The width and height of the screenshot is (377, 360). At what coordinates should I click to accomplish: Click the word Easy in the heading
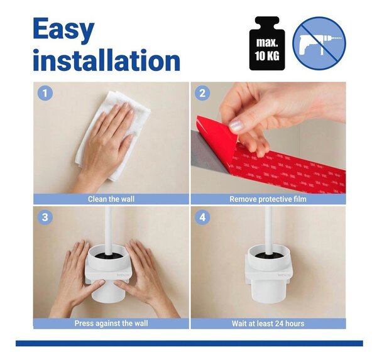63,30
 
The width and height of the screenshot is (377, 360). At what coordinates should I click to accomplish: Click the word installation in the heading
107,60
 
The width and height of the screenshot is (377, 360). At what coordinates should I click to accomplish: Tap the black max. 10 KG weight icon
267,43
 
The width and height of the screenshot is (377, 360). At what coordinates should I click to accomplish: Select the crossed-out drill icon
319,43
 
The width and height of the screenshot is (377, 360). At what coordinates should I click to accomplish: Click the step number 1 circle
45,93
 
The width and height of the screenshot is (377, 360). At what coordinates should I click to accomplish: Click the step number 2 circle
202,93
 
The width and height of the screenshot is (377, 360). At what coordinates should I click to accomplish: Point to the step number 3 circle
45,217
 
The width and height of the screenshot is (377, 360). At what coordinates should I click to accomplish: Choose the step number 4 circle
202,217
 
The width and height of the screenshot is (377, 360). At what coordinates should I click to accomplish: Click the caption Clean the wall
111,199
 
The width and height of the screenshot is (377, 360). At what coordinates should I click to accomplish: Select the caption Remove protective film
268,199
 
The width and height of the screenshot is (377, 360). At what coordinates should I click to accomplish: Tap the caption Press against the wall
111,323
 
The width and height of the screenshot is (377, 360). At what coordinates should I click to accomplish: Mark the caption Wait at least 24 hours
268,324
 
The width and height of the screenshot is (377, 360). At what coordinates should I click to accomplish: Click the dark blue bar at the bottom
189,343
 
